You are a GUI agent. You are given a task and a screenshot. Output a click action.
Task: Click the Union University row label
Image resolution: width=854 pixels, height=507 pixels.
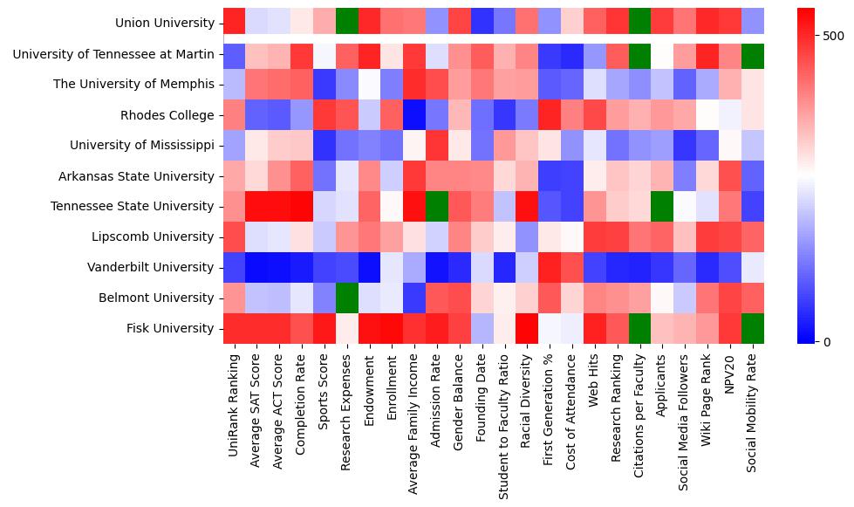164,23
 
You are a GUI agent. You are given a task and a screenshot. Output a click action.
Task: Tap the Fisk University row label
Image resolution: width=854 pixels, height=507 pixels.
170,328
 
